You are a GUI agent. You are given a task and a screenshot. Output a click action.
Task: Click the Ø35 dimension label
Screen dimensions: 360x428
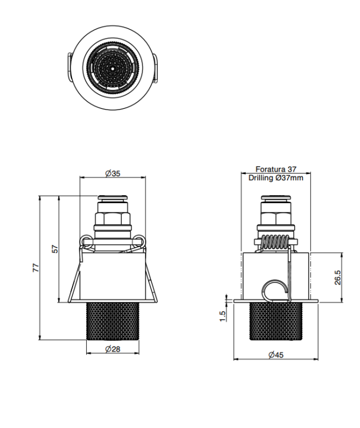coord(113,173)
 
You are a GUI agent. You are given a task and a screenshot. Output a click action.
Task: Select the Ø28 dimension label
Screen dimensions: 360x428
coord(113,349)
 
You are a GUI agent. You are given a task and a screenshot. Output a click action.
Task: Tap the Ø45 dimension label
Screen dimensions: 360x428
coord(276,355)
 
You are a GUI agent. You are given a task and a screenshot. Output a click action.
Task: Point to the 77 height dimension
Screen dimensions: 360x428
coord(36,268)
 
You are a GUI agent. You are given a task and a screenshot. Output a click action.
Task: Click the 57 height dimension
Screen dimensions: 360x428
coord(55,249)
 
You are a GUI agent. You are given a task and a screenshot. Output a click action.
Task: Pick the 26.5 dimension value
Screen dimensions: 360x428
coord(338,277)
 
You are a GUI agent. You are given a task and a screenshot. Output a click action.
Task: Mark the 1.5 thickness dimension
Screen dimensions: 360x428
coord(222,316)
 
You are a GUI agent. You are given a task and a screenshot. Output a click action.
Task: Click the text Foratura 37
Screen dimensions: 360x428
coord(276,169)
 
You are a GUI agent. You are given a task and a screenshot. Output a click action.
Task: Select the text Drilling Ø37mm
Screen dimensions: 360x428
coord(276,178)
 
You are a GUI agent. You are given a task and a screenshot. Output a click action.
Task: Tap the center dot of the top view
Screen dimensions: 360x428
coord(113,69)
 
